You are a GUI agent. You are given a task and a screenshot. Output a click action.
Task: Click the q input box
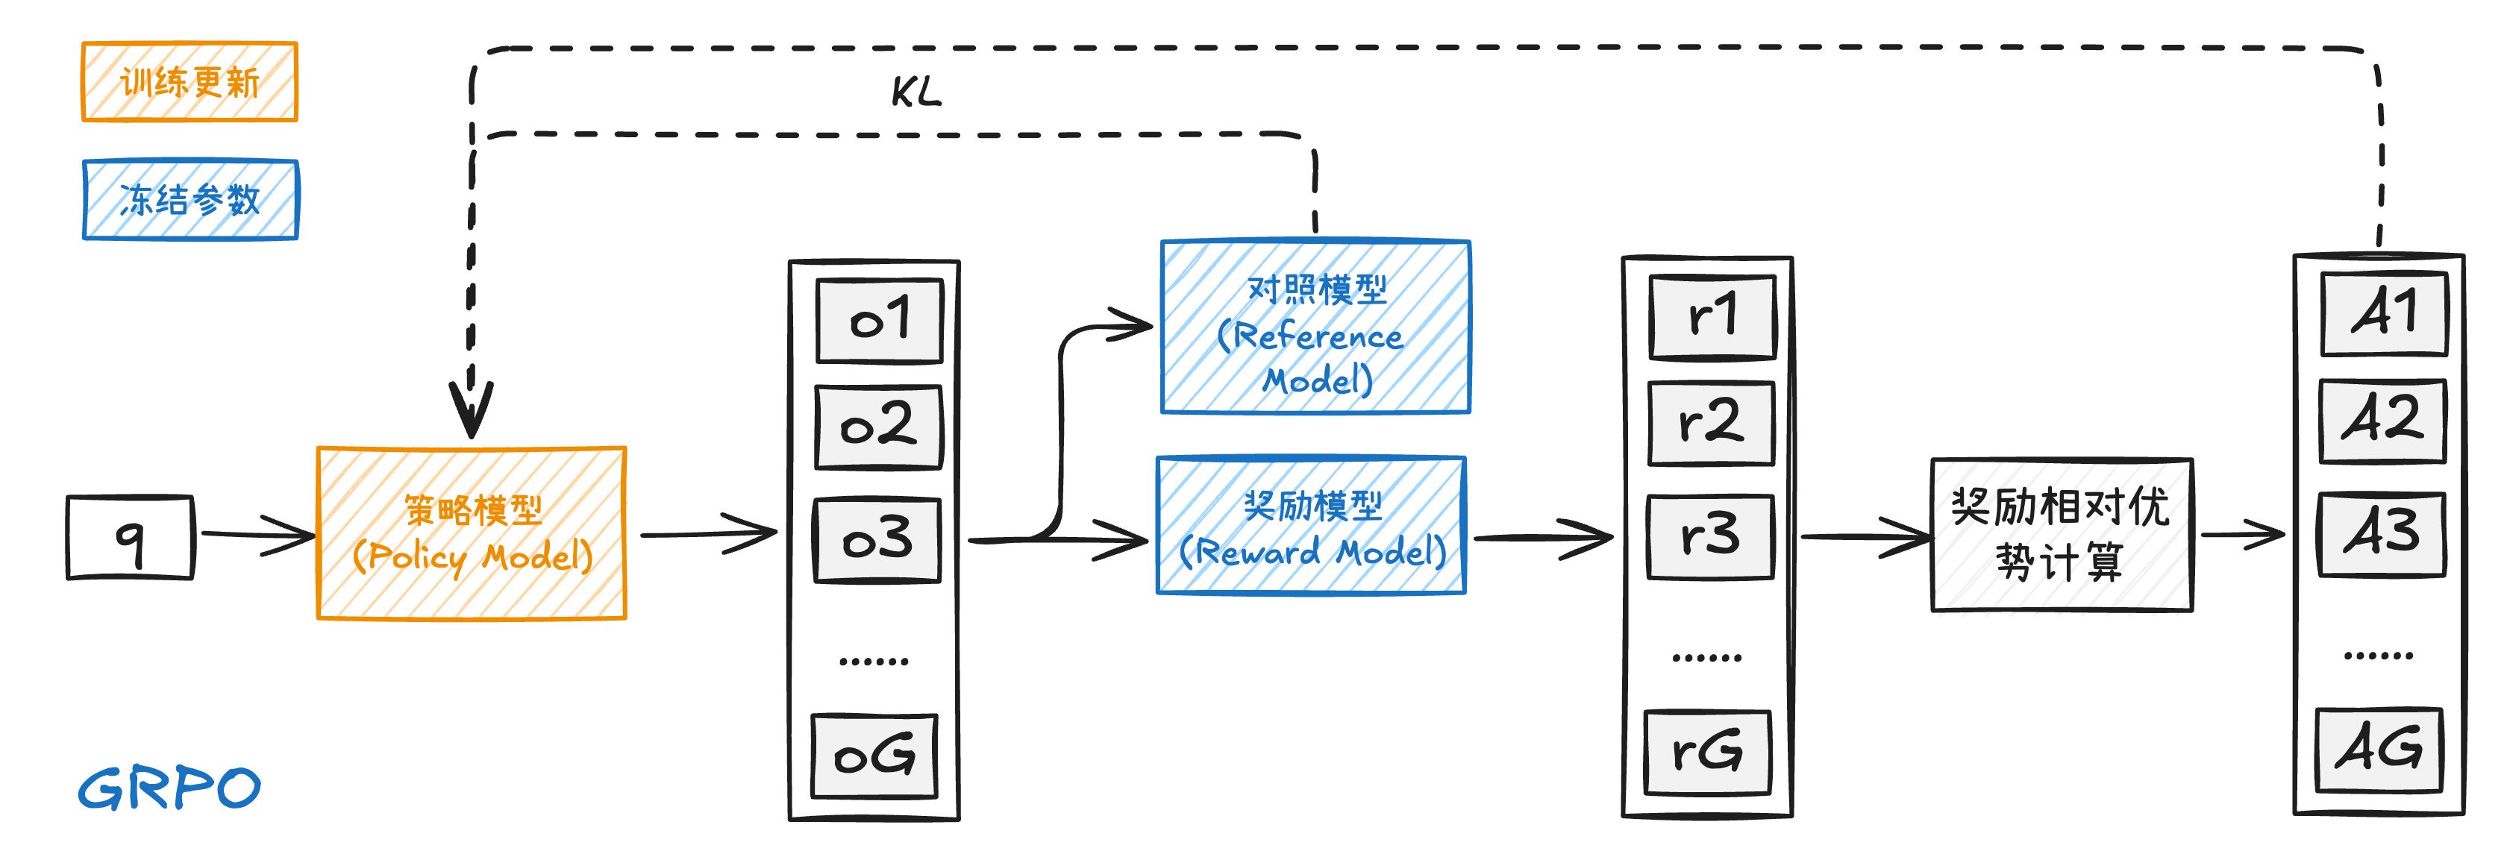[131, 537]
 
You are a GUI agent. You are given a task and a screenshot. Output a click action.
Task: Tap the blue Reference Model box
[1315, 327]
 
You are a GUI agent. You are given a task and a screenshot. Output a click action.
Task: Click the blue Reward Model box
[1311, 525]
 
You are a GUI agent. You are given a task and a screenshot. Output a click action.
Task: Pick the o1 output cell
[879, 320]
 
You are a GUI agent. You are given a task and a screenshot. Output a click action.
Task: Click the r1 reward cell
[1713, 316]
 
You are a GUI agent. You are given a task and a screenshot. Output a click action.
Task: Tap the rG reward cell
[1707, 751]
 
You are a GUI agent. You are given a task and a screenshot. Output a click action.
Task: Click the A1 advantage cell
[2383, 313]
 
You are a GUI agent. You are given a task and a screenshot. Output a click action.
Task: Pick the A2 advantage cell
[2382, 420]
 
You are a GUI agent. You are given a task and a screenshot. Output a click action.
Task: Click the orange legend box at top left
[190, 82]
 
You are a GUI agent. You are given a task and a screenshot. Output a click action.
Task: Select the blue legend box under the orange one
[191, 199]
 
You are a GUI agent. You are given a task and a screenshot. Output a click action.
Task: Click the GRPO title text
[169, 787]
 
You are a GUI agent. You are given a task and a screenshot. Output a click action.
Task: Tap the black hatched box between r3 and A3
[2062, 536]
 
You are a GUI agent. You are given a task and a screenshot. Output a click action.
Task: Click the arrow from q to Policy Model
[255, 534]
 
